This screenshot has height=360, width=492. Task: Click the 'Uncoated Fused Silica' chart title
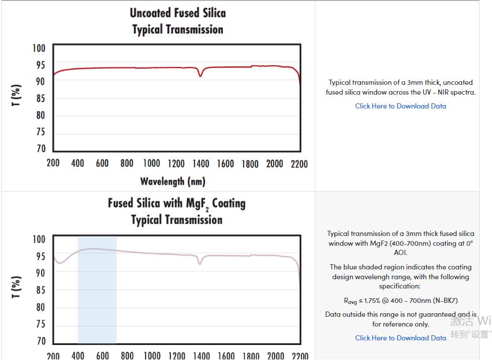point(177,13)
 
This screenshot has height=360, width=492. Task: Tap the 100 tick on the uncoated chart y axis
point(39,48)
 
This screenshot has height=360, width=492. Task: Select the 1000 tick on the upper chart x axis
point(151,164)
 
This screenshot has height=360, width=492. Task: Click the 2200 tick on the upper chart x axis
point(299,164)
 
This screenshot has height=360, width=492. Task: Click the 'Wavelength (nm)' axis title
point(172,182)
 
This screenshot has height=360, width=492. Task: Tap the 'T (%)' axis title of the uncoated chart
point(17,95)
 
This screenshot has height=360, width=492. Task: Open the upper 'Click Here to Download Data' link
point(400,106)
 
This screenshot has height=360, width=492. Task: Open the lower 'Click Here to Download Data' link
point(400,338)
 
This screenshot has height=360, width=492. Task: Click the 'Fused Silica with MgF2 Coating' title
point(176,204)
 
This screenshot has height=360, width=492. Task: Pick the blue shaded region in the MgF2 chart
point(97,288)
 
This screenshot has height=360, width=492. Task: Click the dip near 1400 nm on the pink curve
point(200,263)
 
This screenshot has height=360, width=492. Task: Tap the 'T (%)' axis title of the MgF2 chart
point(17,287)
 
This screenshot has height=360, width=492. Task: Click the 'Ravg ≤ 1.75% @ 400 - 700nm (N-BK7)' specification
point(400,301)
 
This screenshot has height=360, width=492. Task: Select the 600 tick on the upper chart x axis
point(102,164)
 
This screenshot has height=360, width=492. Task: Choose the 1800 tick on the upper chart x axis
point(249,164)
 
